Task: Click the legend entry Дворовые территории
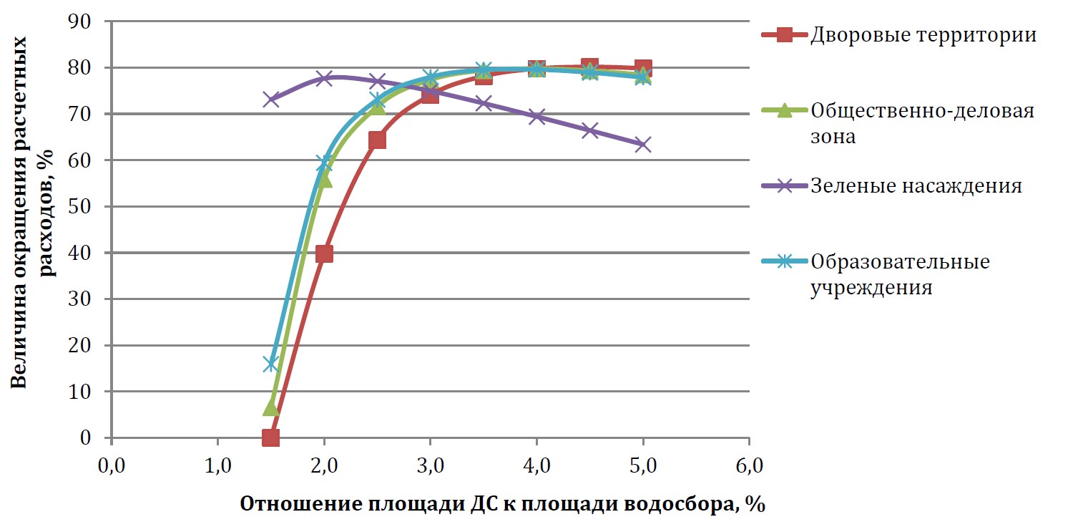tap(923, 35)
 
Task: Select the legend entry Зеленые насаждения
tap(916, 186)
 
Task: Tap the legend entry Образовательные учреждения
tap(900, 275)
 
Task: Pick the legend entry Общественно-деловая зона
tap(923, 124)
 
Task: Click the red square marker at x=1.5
tap(270, 438)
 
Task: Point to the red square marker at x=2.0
tap(324, 253)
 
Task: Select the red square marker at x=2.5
tap(377, 140)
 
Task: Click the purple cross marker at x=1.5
tap(270, 100)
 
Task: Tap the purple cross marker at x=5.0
tap(643, 145)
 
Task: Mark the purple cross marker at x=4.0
tap(536, 117)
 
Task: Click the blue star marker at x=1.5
tap(270, 364)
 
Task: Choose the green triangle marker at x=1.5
tap(270, 407)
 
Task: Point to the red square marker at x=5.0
tap(643, 69)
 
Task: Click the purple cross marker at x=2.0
tap(324, 78)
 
